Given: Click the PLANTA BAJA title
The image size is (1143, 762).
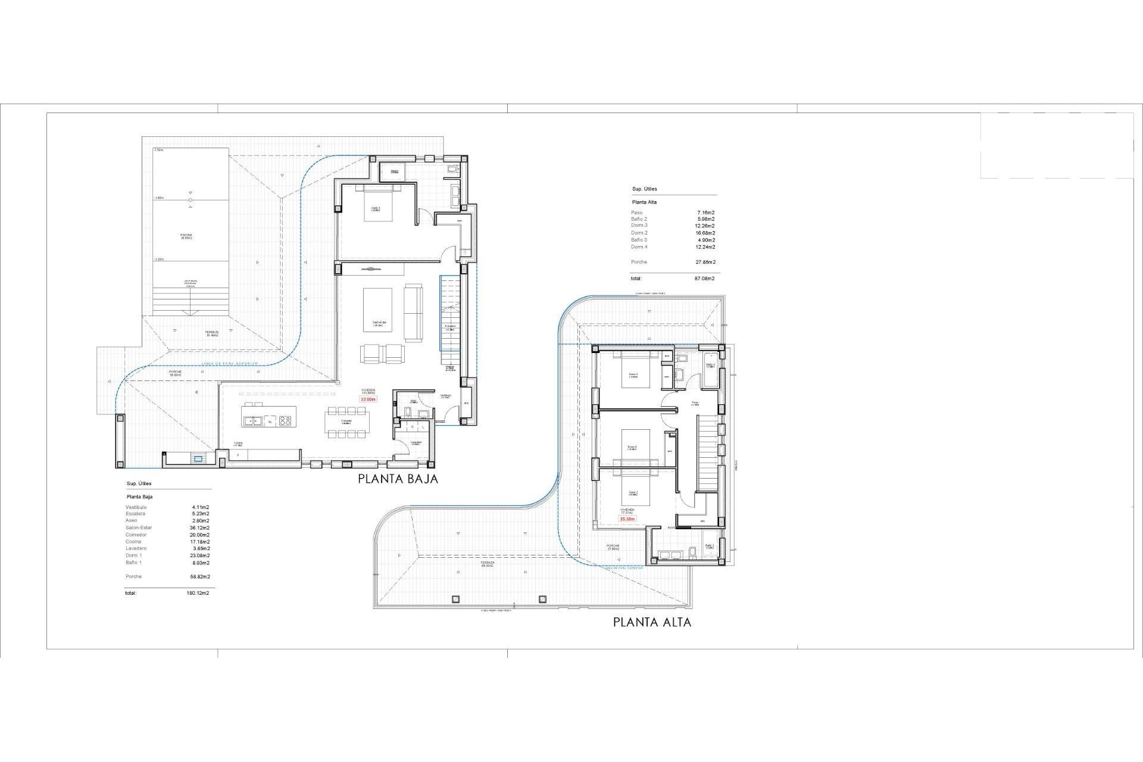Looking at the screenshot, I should pyautogui.click(x=398, y=479).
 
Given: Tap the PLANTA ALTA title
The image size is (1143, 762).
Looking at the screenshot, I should pyautogui.click(x=652, y=622).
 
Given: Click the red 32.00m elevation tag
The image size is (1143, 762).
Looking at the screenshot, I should pyautogui.click(x=368, y=399).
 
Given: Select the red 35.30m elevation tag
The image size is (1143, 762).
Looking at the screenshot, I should pyautogui.click(x=627, y=519).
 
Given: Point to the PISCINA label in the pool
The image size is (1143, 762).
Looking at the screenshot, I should pyautogui.click(x=186, y=236).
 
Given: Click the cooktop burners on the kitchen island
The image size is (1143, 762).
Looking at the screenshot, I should pyautogui.click(x=285, y=421).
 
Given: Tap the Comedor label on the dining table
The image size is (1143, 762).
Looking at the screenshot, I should pyautogui.click(x=346, y=421).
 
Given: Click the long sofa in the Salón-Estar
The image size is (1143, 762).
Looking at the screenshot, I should pyautogui.click(x=413, y=312).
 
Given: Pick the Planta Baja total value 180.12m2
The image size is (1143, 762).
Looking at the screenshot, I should pyautogui.click(x=197, y=593).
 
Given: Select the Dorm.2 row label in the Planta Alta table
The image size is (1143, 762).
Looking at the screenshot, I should pyautogui.click(x=639, y=233).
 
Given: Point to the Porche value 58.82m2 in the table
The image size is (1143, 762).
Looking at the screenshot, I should pyautogui.click(x=198, y=577).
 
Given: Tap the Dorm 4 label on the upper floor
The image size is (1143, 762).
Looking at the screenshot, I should pyautogui.click(x=632, y=448).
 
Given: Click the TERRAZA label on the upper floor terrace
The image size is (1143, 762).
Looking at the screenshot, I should pyautogui.click(x=488, y=563).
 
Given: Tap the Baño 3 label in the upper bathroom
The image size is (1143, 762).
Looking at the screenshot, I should pyautogui.click(x=710, y=365).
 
